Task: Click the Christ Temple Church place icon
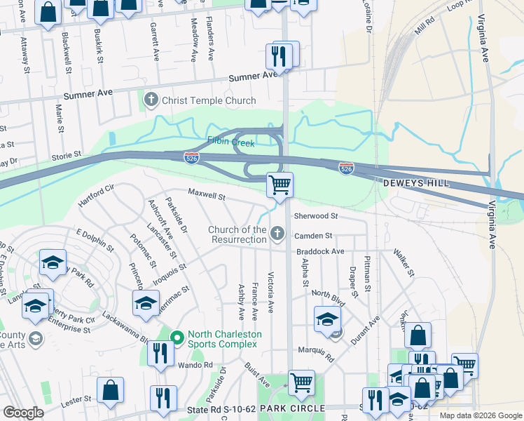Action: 151,100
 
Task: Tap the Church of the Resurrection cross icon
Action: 277,234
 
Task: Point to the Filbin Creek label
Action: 230,140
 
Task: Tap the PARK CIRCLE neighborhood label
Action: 292,408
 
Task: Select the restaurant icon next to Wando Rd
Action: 160,353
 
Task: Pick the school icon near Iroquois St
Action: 146,302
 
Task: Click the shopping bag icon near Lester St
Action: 111,389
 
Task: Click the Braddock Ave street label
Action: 319,250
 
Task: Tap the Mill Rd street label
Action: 425,27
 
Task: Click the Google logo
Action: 23,413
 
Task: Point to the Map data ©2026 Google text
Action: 481,415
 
